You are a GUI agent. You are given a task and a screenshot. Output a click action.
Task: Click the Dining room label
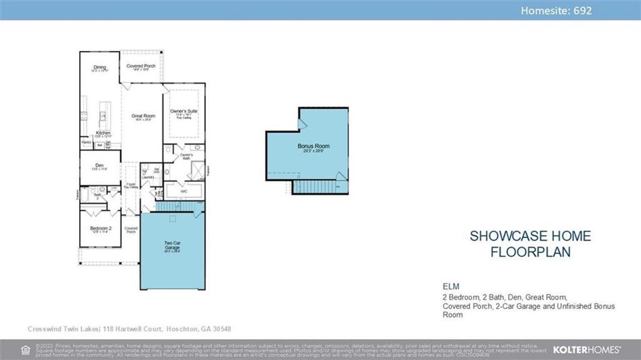pyautogui.click(x=100, y=67)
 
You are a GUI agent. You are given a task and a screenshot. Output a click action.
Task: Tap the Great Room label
pyautogui.click(x=143, y=116)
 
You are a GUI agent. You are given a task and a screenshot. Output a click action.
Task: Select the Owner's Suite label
pyautogui.click(x=183, y=112)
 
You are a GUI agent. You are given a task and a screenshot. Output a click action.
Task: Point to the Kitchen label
pyautogui.click(x=103, y=133)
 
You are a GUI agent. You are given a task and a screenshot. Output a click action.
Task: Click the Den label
pyautogui.click(x=100, y=166)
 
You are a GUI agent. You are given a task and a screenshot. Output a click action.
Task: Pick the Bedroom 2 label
pyautogui.click(x=101, y=228)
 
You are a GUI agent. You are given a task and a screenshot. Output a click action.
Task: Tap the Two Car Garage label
pyautogui.click(x=172, y=245)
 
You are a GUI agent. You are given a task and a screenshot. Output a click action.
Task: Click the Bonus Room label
pyautogui.click(x=314, y=146)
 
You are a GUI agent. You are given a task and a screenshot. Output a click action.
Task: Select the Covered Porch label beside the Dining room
pyautogui.click(x=141, y=66)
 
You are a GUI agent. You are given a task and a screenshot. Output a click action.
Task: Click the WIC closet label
pyautogui.click(x=185, y=191)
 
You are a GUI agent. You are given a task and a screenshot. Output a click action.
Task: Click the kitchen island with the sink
pyautogui.click(x=103, y=115)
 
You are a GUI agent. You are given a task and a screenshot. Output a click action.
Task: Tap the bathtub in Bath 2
pyautogui.click(x=85, y=196)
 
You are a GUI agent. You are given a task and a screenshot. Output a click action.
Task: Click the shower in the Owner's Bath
pyautogui.click(x=197, y=167)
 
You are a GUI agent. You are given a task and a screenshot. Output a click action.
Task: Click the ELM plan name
pyautogui.click(x=451, y=286)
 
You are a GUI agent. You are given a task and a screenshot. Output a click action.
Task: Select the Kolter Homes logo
pyautogui.click(x=586, y=349)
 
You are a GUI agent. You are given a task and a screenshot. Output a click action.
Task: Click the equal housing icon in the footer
pyautogui.click(x=25, y=349)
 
